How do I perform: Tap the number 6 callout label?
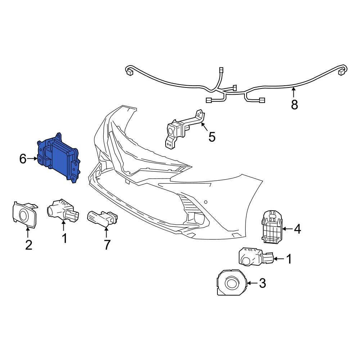[23, 159]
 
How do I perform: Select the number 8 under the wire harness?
[294, 105]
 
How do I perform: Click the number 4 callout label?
[297, 229]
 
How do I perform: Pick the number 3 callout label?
[262, 283]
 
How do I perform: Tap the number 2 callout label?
[28, 245]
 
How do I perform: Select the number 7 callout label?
[107, 245]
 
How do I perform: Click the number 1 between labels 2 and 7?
[64, 238]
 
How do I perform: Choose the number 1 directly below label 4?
[289, 258]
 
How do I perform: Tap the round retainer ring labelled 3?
[231, 283]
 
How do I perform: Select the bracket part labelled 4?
[271, 226]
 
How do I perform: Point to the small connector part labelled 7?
[103, 218]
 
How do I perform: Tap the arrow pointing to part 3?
[252, 283]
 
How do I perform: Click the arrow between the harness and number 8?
[294, 93]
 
